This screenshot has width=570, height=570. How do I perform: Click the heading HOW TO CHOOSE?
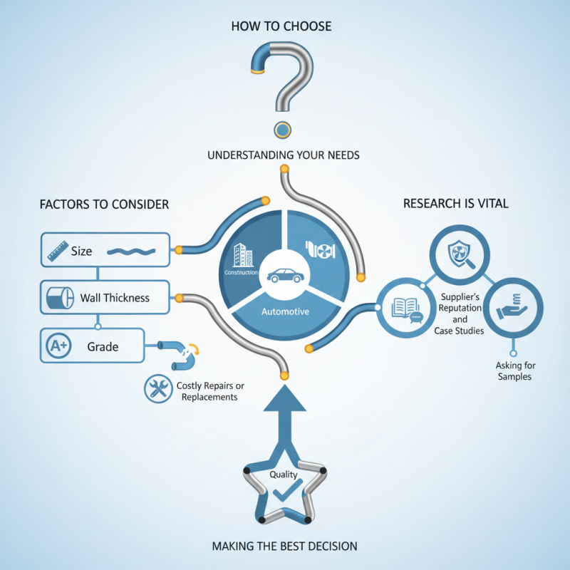click(281, 26)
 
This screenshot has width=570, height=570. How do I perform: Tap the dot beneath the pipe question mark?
click(282, 130)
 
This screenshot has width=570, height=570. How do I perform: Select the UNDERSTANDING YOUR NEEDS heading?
click(284, 155)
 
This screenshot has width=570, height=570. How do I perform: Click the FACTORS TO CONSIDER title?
click(104, 204)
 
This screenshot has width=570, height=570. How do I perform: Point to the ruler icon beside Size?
click(58, 251)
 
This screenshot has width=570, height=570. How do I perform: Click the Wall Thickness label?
click(115, 298)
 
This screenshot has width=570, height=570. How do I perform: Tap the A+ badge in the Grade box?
click(58, 346)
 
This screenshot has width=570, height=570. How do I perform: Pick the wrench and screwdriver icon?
click(158, 388)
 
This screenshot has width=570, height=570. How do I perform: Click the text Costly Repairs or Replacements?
click(210, 391)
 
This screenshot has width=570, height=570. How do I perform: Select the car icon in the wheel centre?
click(286, 276)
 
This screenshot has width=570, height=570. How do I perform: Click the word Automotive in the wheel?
click(286, 311)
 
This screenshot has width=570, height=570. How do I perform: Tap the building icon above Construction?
click(242, 255)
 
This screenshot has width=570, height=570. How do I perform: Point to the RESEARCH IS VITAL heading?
click(456, 204)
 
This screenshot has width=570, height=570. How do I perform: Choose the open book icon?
click(407, 310)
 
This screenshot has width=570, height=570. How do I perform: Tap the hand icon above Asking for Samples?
click(512, 306)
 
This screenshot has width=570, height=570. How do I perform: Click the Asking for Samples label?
click(515, 370)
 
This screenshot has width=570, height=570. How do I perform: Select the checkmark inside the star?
click(287, 490)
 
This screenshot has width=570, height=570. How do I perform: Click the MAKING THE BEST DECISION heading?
click(284, 546)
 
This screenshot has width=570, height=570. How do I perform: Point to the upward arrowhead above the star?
click(284, 398)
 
